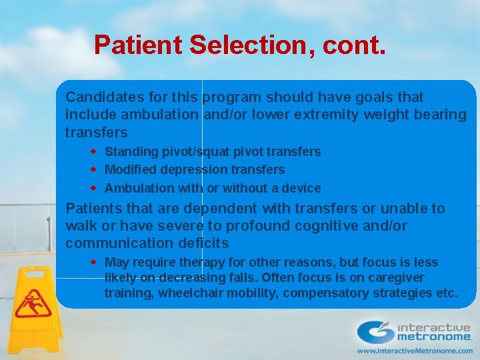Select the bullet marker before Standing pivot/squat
pos(95,152)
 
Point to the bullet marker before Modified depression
pos(95,170)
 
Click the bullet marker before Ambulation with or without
pos(95,188)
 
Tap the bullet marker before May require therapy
pos(95,262)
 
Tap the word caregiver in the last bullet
pos(397,277)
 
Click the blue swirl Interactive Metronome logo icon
pos(375,331)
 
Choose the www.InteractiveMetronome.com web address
pos(414,350)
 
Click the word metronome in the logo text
pos(434,337)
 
